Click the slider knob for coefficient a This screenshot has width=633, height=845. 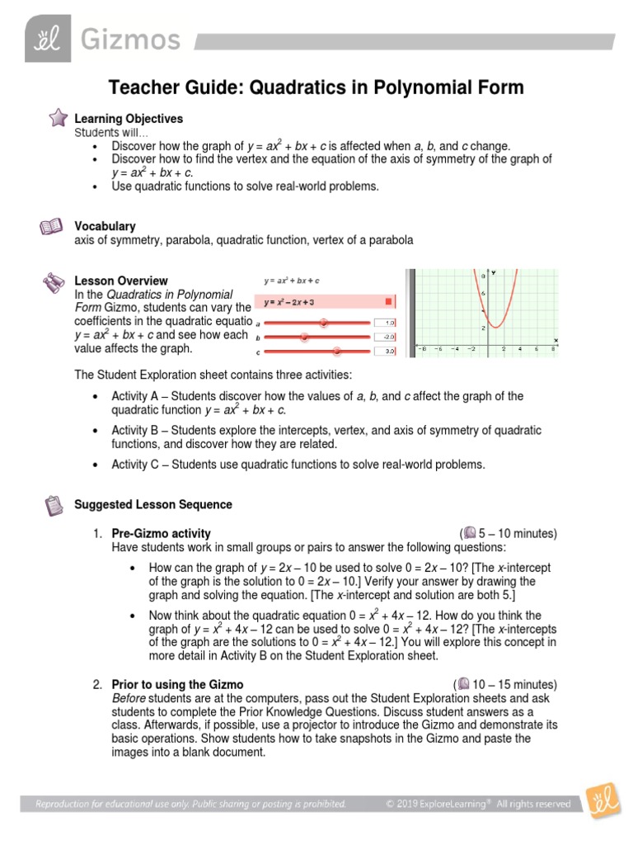tap(323, 323)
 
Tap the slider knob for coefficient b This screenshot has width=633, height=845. tap(305, 337)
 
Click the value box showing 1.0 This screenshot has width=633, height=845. tap(385, 323)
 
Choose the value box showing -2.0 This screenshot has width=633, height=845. tap(385, 337)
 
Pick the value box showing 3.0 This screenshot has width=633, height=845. tap(385, 352)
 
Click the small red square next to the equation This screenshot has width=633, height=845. tap(389, 302)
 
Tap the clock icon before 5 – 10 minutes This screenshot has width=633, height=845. tap(469, 533)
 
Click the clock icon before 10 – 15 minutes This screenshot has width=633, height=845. tap(463, 684)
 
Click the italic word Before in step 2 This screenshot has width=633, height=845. tap(129, 698)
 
